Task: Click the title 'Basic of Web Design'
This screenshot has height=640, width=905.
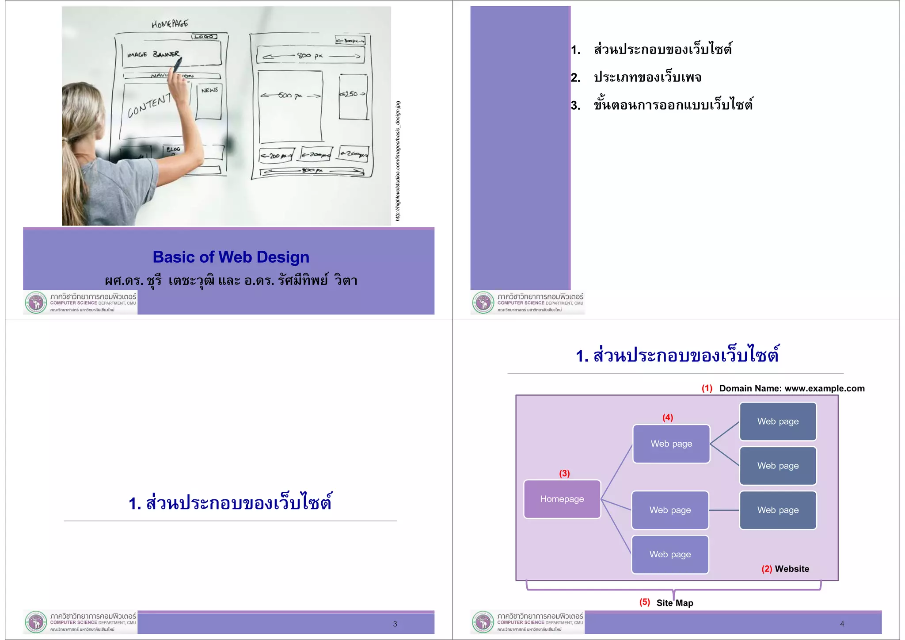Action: point(231,257)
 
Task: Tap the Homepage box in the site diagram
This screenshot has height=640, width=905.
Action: point(562,499)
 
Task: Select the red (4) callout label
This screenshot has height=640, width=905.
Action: point(667,418)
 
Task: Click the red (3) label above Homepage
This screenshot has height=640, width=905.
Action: point(564,473)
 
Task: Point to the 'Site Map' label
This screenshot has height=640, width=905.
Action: point(674,603)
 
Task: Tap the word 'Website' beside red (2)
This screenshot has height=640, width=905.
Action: point(792,569)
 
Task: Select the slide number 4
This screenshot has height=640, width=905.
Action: point(842,624)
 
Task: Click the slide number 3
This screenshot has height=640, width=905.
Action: point(395,624)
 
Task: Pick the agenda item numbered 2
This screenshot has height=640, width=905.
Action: point(647,77)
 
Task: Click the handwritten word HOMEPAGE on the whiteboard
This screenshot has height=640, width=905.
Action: point(170,24)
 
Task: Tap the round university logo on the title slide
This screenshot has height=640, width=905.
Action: point(36,303)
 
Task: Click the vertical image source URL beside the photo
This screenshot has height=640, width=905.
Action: point(398,161)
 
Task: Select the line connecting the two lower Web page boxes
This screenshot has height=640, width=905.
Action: point(724,510)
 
